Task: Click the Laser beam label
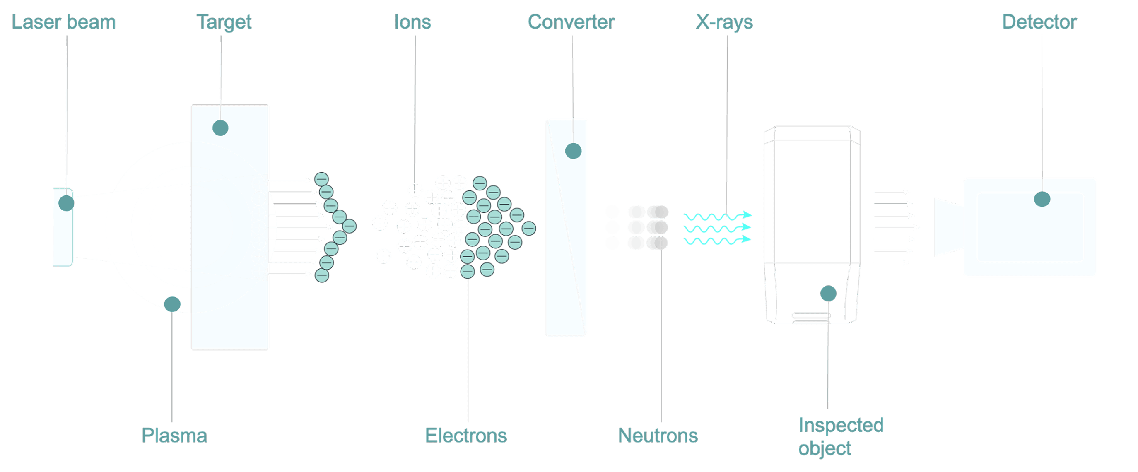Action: pyautogui.click(x=64, y=22)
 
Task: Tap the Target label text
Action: pyautogui.click(x=224, y=22)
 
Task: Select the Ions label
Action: pyautogui.click(x=412, y=22)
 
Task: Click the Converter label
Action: pyautogui.click(x=571, y=22)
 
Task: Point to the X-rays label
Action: pyautogui.click(x=725, y=22)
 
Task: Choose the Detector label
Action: pyautogui.click(x=1039, y=22)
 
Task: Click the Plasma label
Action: pyautogui.click(x=174, y=436)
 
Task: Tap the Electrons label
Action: pyautogui.click(x=466, y=436)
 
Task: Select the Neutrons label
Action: pyautogui.click(x=658, y=436)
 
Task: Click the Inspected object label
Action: pyautogui.click(x=841, y=437)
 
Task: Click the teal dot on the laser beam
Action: pyautogui.click(x=66, y=203)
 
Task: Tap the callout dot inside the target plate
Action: pyautogui.click(x=220, y=128)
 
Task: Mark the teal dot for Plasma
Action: pyautogui.click(x=172, y=304)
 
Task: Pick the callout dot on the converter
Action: pyautogui.click(x=574, y=151)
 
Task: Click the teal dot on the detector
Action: pyautogui.click(x=1042, y=199)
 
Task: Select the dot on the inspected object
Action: pyautogui.click(x=828, y=294)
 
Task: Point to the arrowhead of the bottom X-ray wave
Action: pyautogui.click(x=747, y=239)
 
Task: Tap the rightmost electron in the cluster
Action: pyautogui.click(x=529, y=228)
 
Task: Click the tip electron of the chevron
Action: pyautogui.click(x=349, y=226)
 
